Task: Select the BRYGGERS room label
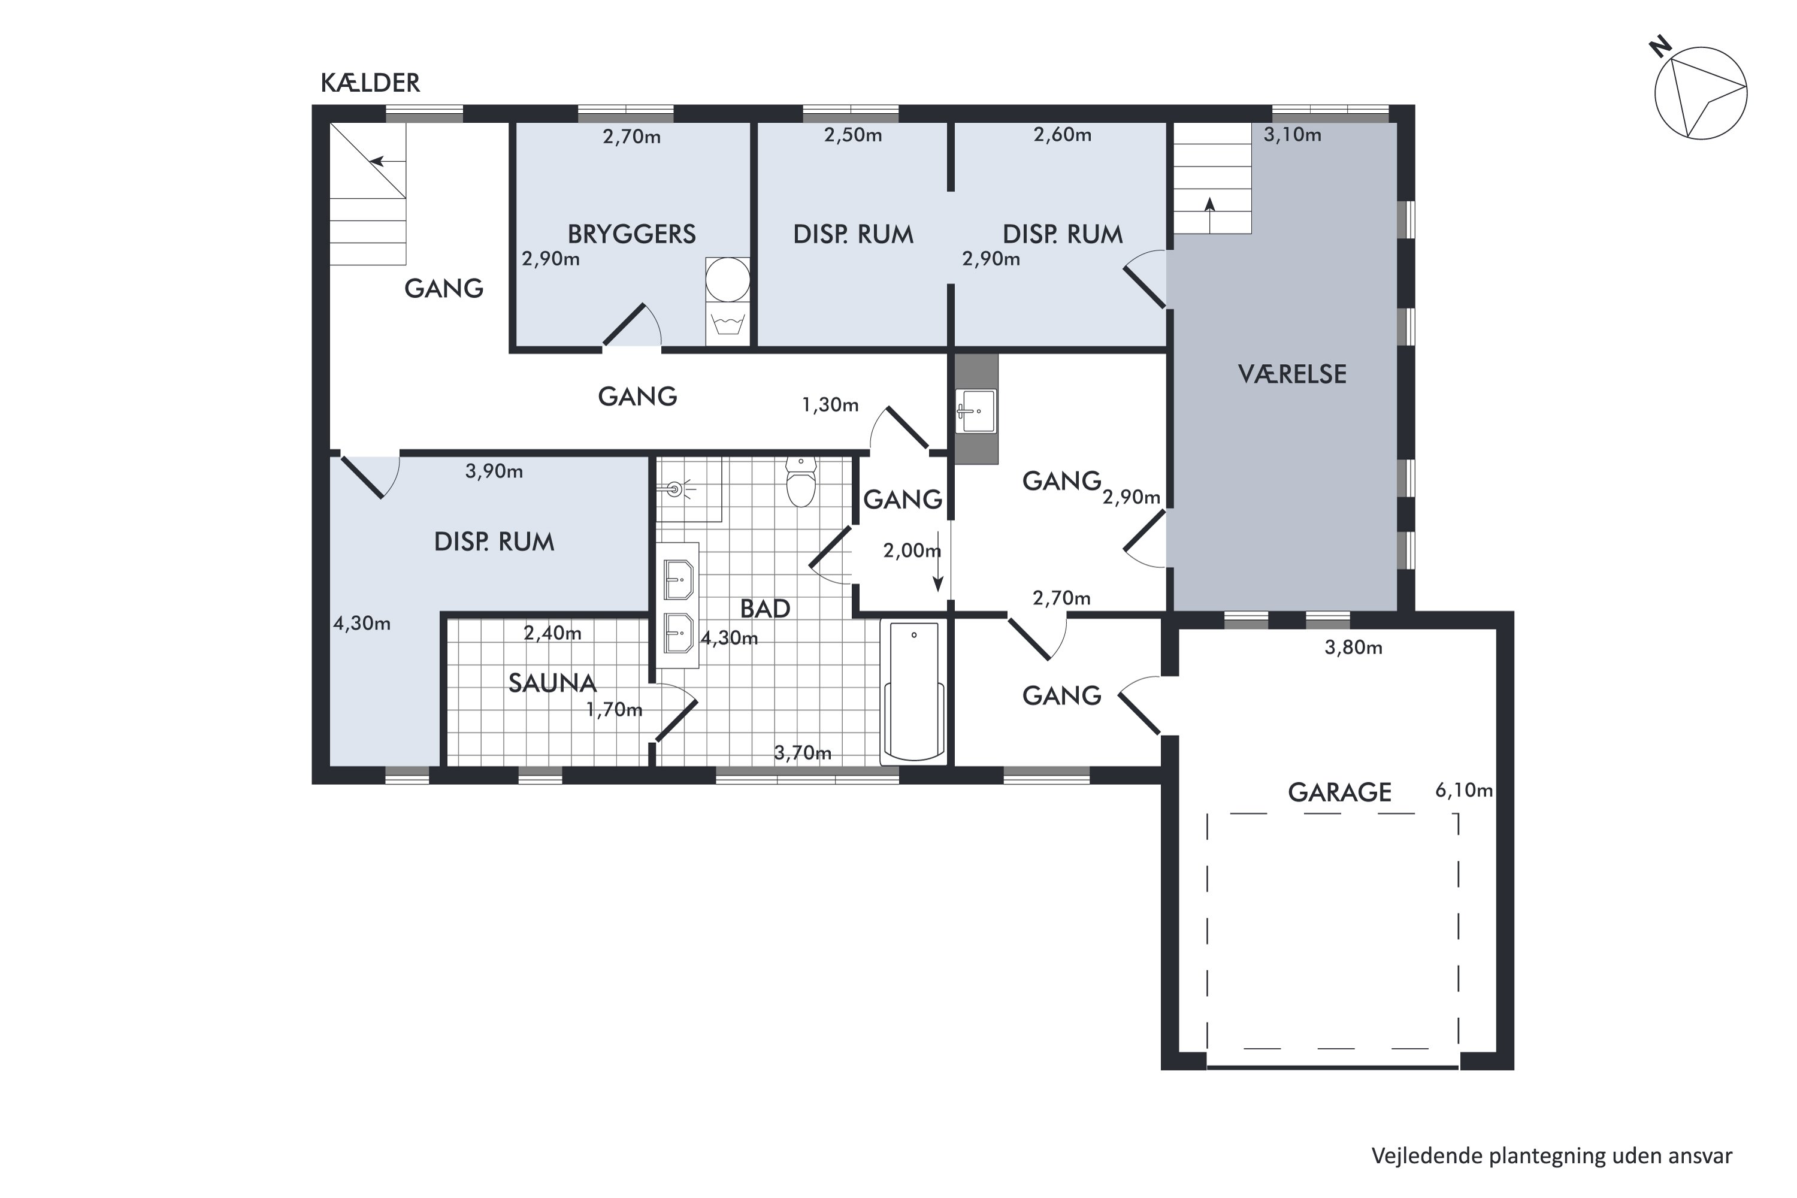click(x=631, y=234)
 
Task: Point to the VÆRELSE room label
click(x=1292, y=374)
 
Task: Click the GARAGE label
click(x=1339, y=792)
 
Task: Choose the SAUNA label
click(x=552, y=682)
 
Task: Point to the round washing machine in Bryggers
click(x=727, y=280)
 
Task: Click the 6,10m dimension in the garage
click(x=1464, y=790)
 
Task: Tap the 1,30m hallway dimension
click(x=830, y=404)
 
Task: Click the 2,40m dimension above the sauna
click(x=552, y=633)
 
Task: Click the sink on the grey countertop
click(x=976, y=411)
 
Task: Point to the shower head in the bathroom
click(x=674, y=488)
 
